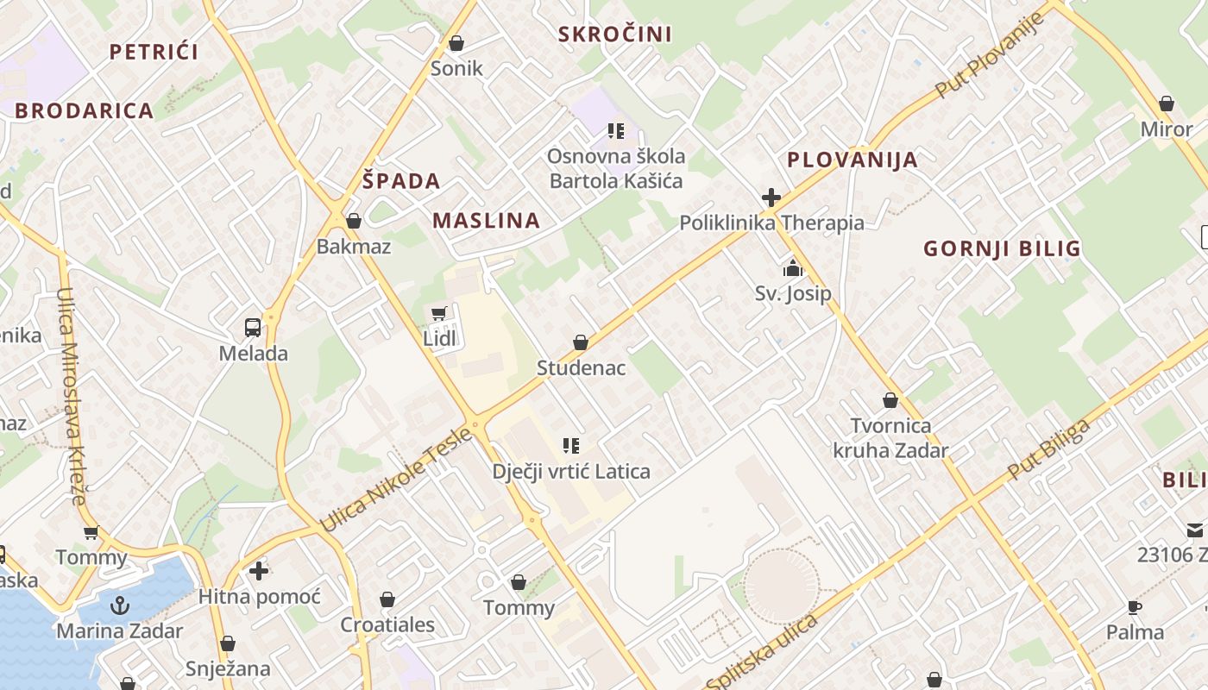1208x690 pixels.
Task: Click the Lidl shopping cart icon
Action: coord(439,313)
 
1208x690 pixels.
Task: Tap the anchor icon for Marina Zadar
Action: coord(120,605)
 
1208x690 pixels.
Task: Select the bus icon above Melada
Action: coord(253,328)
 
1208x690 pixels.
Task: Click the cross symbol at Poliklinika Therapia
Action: coord(771,198)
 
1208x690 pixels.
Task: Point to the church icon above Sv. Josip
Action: coord(793,268)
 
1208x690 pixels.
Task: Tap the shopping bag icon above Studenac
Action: coord(581,343)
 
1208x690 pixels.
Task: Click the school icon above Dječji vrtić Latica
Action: coord(570,446)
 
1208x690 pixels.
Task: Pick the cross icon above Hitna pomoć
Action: coord(259,571)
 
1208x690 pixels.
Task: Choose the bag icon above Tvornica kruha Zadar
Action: coord(890,401)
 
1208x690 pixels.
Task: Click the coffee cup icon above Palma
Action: coord(1135,607)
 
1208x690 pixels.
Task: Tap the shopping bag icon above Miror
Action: coord(1167,104)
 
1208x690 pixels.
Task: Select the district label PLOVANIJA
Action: coord(853,160)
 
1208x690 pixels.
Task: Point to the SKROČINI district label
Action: coord(614,34)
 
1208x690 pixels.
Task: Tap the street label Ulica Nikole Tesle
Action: coord(396,480)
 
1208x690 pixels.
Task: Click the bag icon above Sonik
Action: coord(456,43)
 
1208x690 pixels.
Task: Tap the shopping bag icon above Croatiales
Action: coord(387,599)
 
